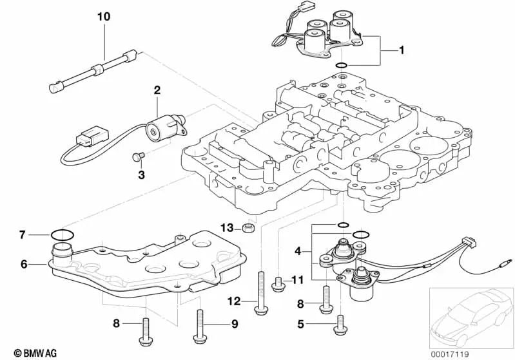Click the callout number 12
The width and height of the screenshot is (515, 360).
pyautogui.click(x=234, y=301)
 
